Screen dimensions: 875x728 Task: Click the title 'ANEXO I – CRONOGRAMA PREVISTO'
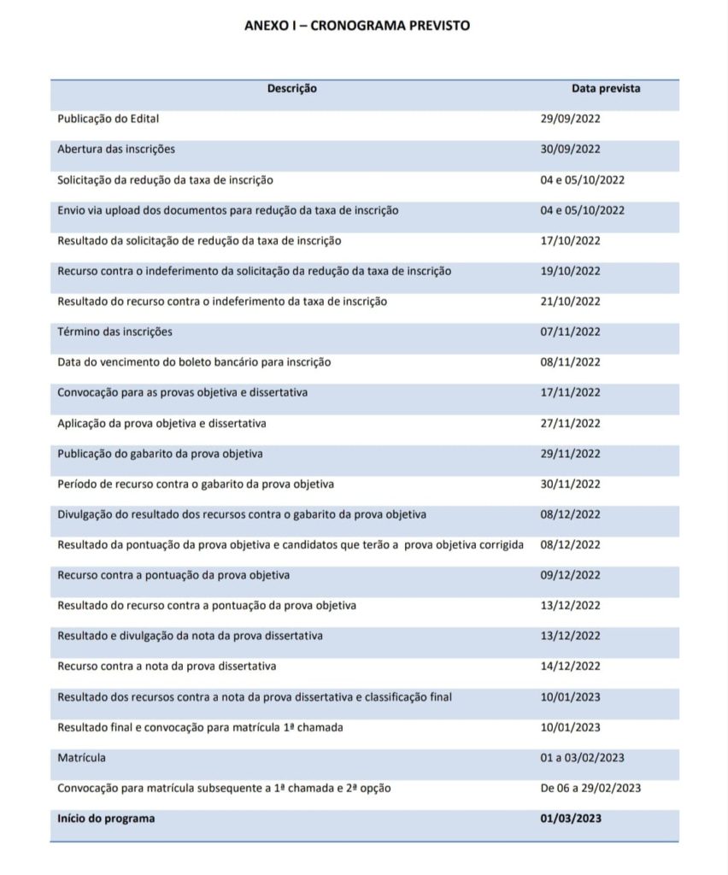tap(356, 26)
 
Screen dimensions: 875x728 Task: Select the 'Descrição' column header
tap(292, 88)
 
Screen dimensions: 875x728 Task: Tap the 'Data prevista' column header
tap(606, 88)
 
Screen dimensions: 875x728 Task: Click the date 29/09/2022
tap(570, 119)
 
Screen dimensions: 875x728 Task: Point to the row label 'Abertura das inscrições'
tap(116, 149)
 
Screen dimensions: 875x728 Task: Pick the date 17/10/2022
tap(570, 240)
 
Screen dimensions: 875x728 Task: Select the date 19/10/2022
tap(570, 271)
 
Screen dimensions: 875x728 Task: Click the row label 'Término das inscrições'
tap(109, 332)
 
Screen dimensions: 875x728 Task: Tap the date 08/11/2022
tap(570, 362)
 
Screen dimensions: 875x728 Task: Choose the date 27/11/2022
tap(570, 423)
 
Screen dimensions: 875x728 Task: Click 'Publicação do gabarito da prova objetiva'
tap(160, 453)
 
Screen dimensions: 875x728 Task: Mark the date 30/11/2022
tap(570, 484)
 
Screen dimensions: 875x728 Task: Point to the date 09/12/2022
tap(570, 575)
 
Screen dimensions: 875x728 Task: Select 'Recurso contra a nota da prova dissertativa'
tap(167, 666)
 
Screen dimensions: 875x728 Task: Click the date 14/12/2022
tap(570, 666)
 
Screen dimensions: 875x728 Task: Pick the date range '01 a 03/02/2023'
tap(581, 757)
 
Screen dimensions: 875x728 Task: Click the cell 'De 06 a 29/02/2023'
tap(590, 788)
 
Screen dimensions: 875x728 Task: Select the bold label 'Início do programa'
tap(106, 819)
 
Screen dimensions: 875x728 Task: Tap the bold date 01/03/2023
tap(571, 819)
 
